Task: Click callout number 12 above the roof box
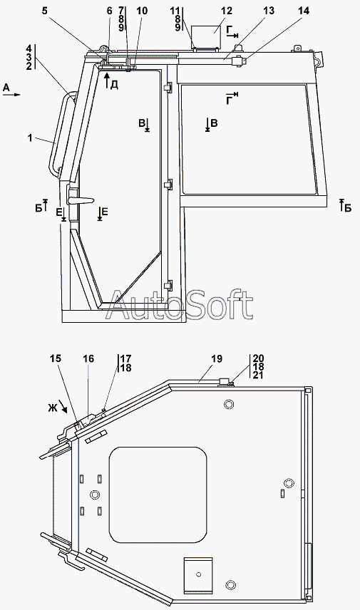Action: [226, 11]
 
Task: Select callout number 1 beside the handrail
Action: [30, 138]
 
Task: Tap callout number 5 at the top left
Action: [45, 11]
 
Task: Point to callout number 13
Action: [269, 11]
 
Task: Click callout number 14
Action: [304, 11]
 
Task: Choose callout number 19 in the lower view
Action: [217, 358]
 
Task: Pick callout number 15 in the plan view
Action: [56, 358]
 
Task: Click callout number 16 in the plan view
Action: [88, 358]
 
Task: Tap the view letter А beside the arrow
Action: [6, 88]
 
